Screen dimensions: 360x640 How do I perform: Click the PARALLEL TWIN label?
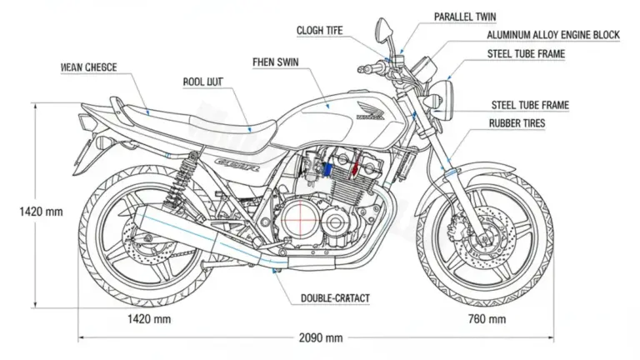click(x=465, y=17)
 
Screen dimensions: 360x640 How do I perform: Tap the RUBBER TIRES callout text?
click(x=519, y=122)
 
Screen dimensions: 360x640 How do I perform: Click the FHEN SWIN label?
click(x=275, y=62)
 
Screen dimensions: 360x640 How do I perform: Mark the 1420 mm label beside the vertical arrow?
click(x=41, y=212)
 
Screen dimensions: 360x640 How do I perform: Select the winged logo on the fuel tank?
click(x=366, y=109)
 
